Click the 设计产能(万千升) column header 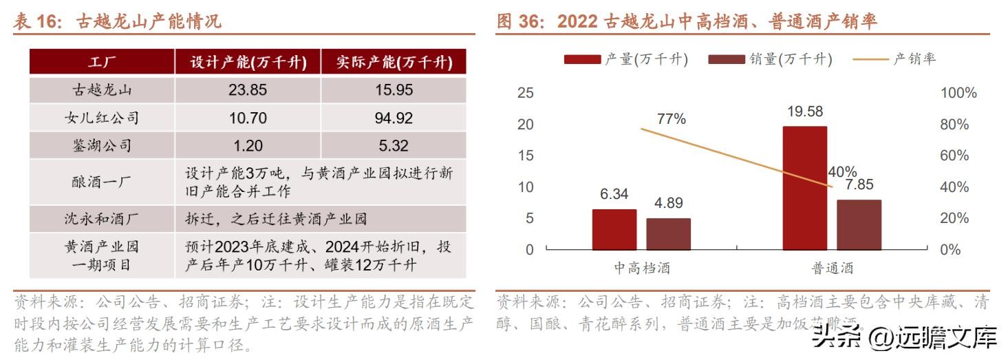click(248, 62)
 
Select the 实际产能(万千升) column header click(394, 62)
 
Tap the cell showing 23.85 click(248, 90)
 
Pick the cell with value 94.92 click(394, 118)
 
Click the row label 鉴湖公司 click(102, 146)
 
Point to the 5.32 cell click(394, 146)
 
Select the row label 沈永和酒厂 click(102, 219)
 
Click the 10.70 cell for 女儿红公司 click(248, 118)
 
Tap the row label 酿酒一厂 click(102, 182)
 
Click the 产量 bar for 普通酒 click(804, 188)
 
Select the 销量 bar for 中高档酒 click(668, 234)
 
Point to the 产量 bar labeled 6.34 click(614, 229)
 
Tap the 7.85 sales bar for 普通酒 click(859, 224)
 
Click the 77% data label click(672, 119)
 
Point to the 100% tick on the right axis click(958, 93)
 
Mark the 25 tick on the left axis click(526, 93)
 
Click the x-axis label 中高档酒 click(641, 268)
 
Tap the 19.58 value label click(805, 112)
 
